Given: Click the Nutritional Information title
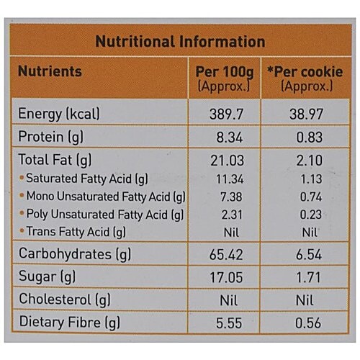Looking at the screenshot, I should [180, 42].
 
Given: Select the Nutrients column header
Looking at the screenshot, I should [50, 72].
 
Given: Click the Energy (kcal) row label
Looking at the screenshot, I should [58, 114].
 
